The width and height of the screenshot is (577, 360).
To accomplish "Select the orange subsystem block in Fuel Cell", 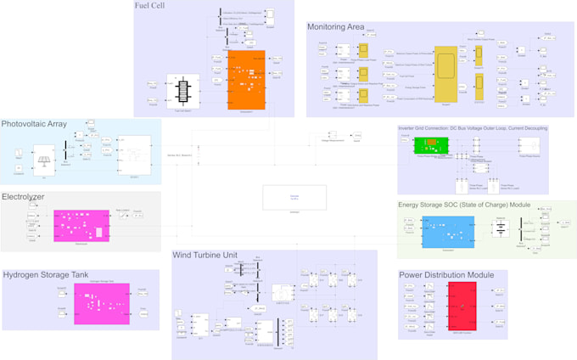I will point(246,79).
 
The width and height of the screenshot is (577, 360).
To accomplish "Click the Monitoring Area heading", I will point(335,27).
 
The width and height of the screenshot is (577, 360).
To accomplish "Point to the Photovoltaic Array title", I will point(34,124).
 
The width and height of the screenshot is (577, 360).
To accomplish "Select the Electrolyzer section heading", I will point(23,197).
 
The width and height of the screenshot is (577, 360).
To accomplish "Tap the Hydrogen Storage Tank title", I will point(44,275).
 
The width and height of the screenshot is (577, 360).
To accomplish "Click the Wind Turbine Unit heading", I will point(210,255).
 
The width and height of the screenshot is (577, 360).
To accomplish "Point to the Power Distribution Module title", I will point(445,275).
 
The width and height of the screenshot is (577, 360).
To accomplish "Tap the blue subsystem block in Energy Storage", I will point(448,232).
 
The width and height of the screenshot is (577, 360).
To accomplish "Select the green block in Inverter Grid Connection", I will point(430,145).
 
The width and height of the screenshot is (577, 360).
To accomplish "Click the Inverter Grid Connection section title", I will point(473,128).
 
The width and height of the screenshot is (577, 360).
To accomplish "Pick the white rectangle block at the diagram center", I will point(294,197).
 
